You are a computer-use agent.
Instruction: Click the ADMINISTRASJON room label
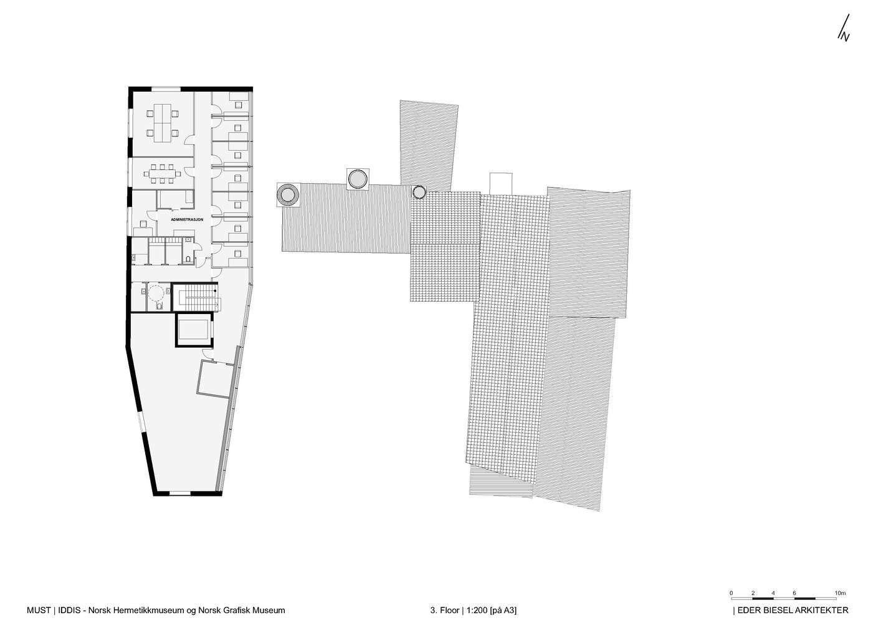[187, 219]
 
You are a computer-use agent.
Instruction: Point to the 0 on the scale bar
[731, 593]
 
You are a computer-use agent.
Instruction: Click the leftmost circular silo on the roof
[288, 194]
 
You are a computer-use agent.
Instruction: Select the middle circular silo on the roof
[358, 179]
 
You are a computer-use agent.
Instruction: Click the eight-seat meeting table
[162, 173]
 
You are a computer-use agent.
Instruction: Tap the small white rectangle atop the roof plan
[500, 183]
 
